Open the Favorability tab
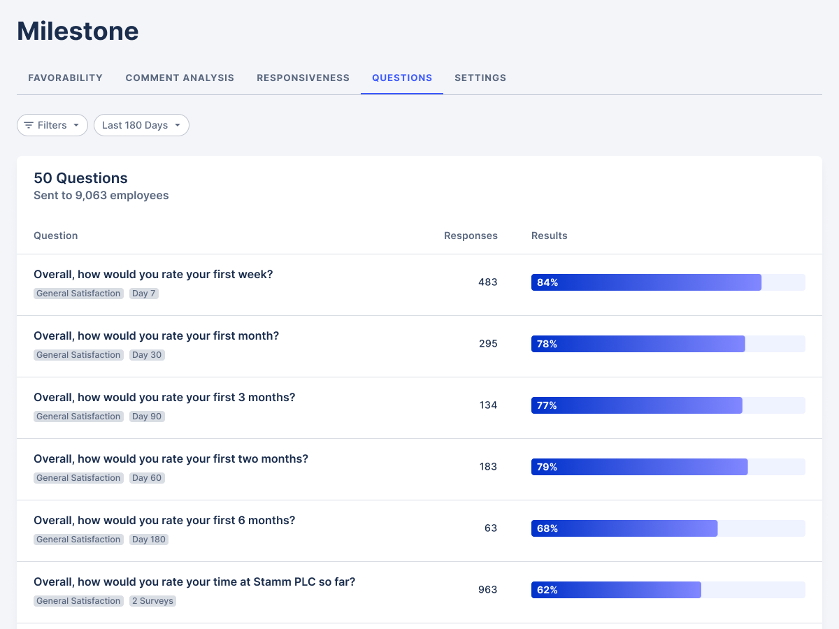[65, 78]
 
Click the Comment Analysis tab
[180, 78]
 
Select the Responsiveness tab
[303, 78]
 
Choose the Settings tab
[480, 78]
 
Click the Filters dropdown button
[52, 125]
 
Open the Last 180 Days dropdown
[141, 125]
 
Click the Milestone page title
[78, 31]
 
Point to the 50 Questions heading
[80, 178]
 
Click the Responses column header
[471, 236]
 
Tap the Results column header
[549, 236]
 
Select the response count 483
[488, 282]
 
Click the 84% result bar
[646, 282]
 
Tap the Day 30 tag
[147, 355]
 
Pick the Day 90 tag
[147, 417]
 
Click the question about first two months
[171, 459]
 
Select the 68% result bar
[624, 528]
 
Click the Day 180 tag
[149, 540]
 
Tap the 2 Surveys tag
[152, 601]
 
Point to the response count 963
[487, 590]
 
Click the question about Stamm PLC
[194, 582]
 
